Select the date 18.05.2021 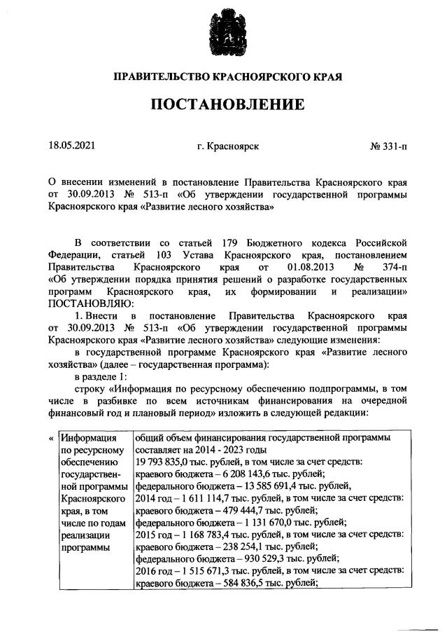point(71,146)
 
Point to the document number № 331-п point(389,146)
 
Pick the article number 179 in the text point(232,242)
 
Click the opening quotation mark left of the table point(50,438)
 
